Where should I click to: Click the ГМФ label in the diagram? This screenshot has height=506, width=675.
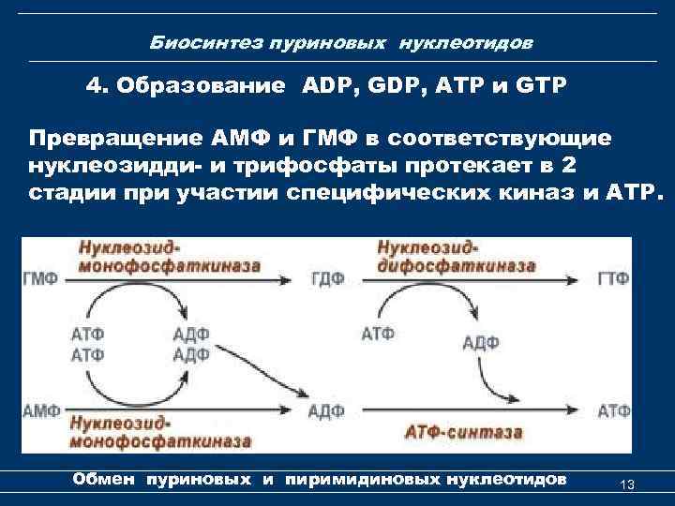(x=40, y=278)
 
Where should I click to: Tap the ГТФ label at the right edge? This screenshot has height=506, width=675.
(x=613, y=278)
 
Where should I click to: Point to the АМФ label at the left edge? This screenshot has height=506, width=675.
(x=40, y=409)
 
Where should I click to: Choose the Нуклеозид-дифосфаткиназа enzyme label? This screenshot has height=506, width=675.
(x=456, y=256)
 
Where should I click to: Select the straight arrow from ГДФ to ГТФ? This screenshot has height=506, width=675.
(x=469, y=278)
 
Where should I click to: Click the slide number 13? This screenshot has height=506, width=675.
(x=628, y=484)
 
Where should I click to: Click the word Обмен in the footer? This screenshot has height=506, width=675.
(x=104, y=480)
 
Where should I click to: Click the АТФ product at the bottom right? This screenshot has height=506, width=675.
(x=614, y=409)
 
